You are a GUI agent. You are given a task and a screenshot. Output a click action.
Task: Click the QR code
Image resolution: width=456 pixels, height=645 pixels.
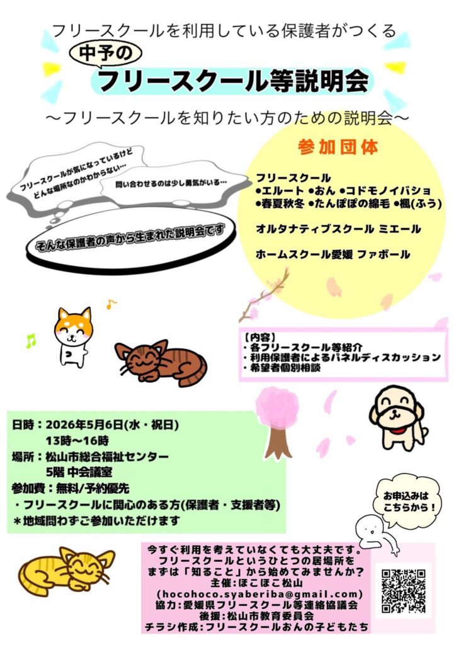click(403, 591)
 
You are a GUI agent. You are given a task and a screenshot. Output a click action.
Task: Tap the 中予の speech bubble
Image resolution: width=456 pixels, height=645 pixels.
click(106, 54)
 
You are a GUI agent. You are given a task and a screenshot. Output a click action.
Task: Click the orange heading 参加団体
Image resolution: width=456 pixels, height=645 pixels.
click(338, 147)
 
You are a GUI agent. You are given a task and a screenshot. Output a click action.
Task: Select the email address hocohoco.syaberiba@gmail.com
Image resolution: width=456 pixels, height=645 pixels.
click(260, 594)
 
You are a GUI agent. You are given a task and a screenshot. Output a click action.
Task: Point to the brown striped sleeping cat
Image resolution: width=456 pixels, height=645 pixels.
click(161, 362)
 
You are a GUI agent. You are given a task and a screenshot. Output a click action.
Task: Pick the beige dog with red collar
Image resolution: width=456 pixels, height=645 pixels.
click(396, 418)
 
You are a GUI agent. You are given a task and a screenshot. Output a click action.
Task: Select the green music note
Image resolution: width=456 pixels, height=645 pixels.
click(31, 341)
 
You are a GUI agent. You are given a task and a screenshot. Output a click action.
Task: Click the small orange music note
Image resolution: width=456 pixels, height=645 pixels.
click(111, 304)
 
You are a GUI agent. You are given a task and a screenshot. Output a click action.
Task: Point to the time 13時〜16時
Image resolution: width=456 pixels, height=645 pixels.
click(77, 440)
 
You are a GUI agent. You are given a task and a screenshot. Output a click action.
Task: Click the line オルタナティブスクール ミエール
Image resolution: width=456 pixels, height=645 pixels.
click(338, 229)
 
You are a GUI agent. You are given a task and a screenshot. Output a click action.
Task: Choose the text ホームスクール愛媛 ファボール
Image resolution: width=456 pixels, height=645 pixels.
click(333, 254)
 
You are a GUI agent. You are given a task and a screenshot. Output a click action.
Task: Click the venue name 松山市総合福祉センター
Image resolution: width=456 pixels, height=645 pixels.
click(107, 457)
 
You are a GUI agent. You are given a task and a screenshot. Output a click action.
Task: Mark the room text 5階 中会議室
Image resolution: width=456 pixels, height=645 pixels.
click(79, 472)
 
